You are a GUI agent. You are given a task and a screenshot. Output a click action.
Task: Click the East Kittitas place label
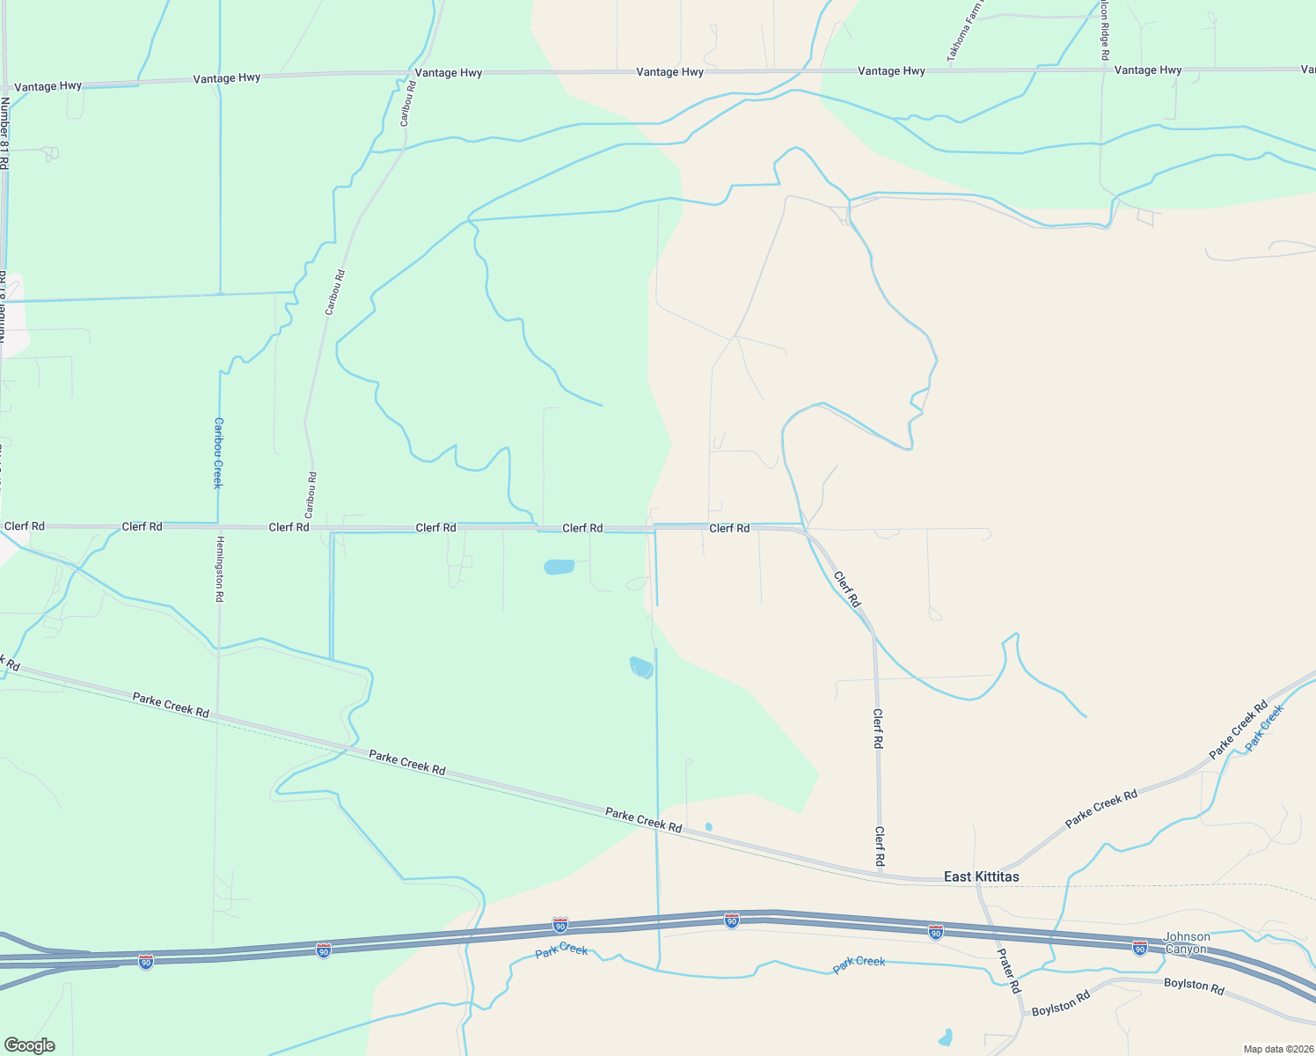click(x=981, y=876)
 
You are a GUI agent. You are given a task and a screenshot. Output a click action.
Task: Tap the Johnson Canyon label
click(x=1187, y=942)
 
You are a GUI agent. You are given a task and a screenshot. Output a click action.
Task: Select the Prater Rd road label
click(x=1008, y=971)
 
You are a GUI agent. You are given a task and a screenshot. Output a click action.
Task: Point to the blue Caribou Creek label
click(x=218, y=452)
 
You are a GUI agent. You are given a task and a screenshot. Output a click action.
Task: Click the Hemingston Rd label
click(x=219, y=568)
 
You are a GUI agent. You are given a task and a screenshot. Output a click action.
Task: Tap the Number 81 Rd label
click(x=4, y=133)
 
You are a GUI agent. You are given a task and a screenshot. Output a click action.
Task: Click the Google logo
click(x=30, y=1045)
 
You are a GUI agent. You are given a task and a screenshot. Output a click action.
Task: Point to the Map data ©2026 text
click(x=1276, y=1049)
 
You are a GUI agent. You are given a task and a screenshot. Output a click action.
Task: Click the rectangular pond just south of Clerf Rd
click(x=559, y=567)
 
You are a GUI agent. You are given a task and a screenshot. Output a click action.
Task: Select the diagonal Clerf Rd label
click(x=847, y=590)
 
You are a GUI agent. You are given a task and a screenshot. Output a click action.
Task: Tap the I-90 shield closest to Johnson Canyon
click(x=1139, y=948)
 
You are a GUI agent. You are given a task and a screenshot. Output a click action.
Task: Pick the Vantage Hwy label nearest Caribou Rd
click(x=449, y=73)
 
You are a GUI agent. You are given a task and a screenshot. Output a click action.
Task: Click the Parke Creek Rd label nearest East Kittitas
click(x=1101, y=808)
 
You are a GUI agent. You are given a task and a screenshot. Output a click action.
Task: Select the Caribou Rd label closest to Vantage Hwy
click(x=407, y=103)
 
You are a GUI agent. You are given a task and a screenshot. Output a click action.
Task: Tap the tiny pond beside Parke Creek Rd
click(x=708, y=826)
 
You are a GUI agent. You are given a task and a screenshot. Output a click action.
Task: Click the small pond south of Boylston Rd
click(x=945, y=1038)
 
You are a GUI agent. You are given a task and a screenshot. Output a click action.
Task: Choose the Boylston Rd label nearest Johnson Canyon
click(x=1194, y=986)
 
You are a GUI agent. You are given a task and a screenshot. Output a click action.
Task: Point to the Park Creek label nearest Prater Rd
click(x=859, y=963)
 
